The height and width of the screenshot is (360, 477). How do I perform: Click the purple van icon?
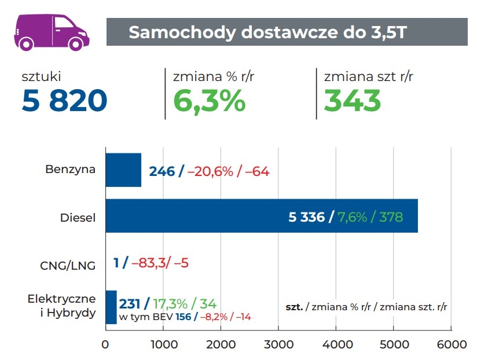pyautogui.click(x=52, y=31)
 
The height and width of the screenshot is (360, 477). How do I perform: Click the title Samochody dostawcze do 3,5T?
pyautogui.click(x=267, y=32)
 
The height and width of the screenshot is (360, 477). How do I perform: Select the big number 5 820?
pyautogui.click(x=64, y=101)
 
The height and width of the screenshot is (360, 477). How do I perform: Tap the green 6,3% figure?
pyautogui.click(x=210, y=101)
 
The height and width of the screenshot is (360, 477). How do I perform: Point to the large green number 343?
pyautogui.click(x=352, y=101)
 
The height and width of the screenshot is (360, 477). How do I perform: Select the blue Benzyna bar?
pyautogui.click(x=123, y=170)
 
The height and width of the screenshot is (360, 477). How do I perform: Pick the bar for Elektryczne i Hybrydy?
pyautogui.click(x=111, y=307)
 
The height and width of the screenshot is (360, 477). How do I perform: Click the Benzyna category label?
pyautogui.click(x=70, y=170)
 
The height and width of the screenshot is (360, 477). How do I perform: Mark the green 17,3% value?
pyautogui.click(x=171, y=303)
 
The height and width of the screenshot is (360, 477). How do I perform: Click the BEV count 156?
pyautogui.click(x=182, y=317)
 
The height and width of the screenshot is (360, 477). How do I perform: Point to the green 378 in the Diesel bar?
pyautogui.click(x=391, y=218)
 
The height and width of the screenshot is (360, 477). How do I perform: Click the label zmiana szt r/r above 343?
pyautogui.click(x=368, y=76)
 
